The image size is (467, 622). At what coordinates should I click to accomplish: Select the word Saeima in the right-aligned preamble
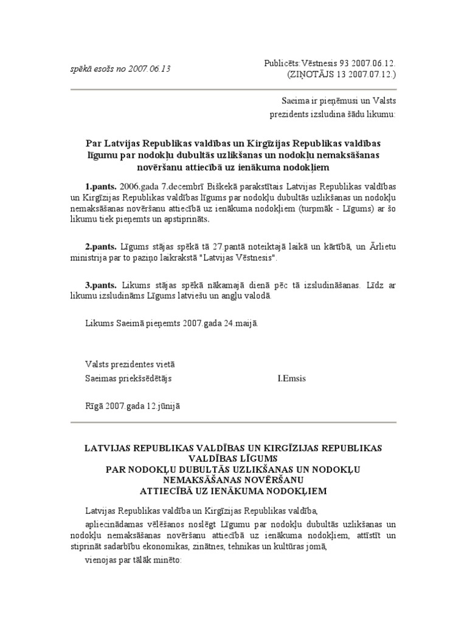[x=294, y=100]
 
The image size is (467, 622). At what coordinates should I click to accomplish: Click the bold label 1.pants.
[x=100, y=186]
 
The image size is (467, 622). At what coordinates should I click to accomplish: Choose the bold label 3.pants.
[x=100, y=285]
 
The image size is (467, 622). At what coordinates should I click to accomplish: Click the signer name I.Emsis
[x=292, y=378]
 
